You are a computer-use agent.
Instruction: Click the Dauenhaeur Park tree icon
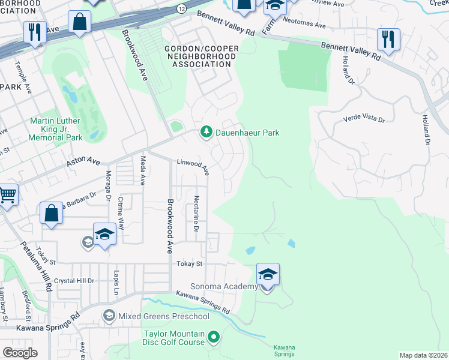(206, 132)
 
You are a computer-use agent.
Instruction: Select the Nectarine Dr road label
(196, 214)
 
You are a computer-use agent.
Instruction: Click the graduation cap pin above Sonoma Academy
(268, 275)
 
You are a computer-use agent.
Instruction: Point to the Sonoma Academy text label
(224, 287)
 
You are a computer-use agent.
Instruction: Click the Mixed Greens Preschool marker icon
(109, 316)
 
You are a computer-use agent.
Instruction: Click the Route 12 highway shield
(181, 8)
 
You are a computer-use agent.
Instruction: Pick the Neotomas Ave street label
(304, 26)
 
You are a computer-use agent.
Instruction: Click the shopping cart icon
(7, 194)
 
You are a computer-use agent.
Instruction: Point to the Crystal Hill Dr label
(74, 281)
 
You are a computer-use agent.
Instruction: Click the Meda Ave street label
(143, 170)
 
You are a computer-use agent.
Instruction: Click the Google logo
(19, 353)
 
